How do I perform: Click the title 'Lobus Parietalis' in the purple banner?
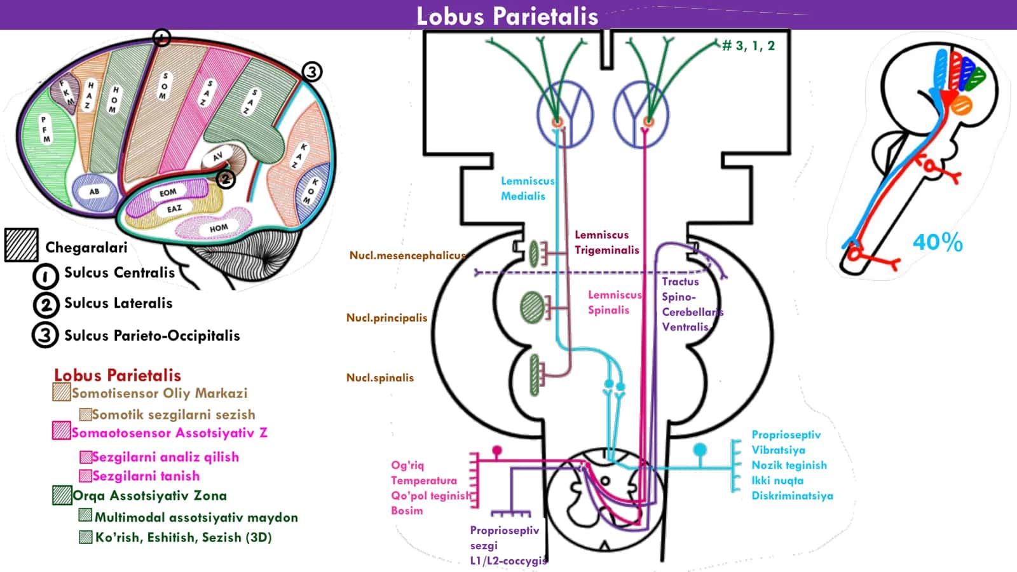tap(507, 17)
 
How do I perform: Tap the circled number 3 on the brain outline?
tap(311, 72)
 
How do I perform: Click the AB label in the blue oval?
tap(94, 191)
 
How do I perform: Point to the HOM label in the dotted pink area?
tap(219, 228)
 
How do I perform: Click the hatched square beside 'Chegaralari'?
tap(22, 245)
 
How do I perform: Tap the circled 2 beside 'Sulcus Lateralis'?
tap(46, 304)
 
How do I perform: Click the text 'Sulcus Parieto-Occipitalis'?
tap(152, 336)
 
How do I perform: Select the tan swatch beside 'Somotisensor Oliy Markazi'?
tap(61, 392)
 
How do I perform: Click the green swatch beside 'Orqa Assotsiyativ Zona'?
tap(62, 495)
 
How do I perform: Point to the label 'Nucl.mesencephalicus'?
tap(407, 255)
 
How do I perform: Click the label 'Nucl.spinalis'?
tap(380, 378)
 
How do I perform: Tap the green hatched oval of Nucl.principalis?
tap(532, 308)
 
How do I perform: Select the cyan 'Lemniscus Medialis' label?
tap(528, 188)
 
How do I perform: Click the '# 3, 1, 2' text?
tap(749, 46)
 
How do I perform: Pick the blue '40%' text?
tap(938, 242)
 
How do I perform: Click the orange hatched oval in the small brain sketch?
tap(961, 106)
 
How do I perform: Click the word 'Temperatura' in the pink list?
tap(424, 480)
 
